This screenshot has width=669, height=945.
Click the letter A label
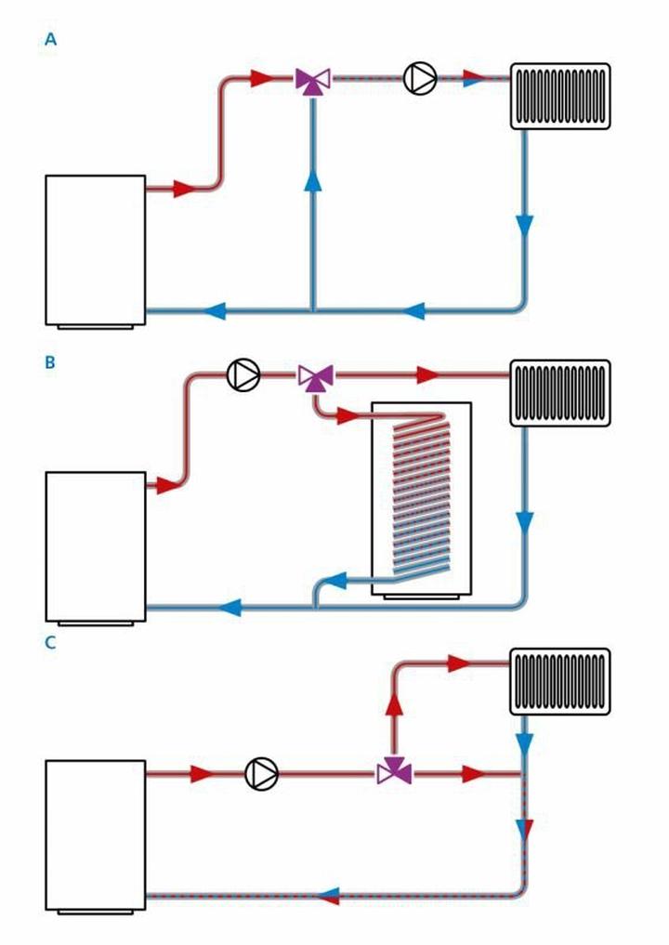50,40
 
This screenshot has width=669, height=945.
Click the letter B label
50,363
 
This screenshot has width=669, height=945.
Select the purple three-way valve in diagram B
316,376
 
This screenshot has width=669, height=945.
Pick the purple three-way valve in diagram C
393,771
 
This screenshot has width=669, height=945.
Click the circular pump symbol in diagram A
420,78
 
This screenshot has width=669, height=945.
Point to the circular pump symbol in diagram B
243,374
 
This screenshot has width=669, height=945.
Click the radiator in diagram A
560,96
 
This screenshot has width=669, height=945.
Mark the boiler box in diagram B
96,546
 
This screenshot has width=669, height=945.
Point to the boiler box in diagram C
96,833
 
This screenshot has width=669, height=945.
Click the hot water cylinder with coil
421,499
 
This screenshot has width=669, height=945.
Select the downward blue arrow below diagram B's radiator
525,523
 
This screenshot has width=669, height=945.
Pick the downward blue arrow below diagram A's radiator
525,224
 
